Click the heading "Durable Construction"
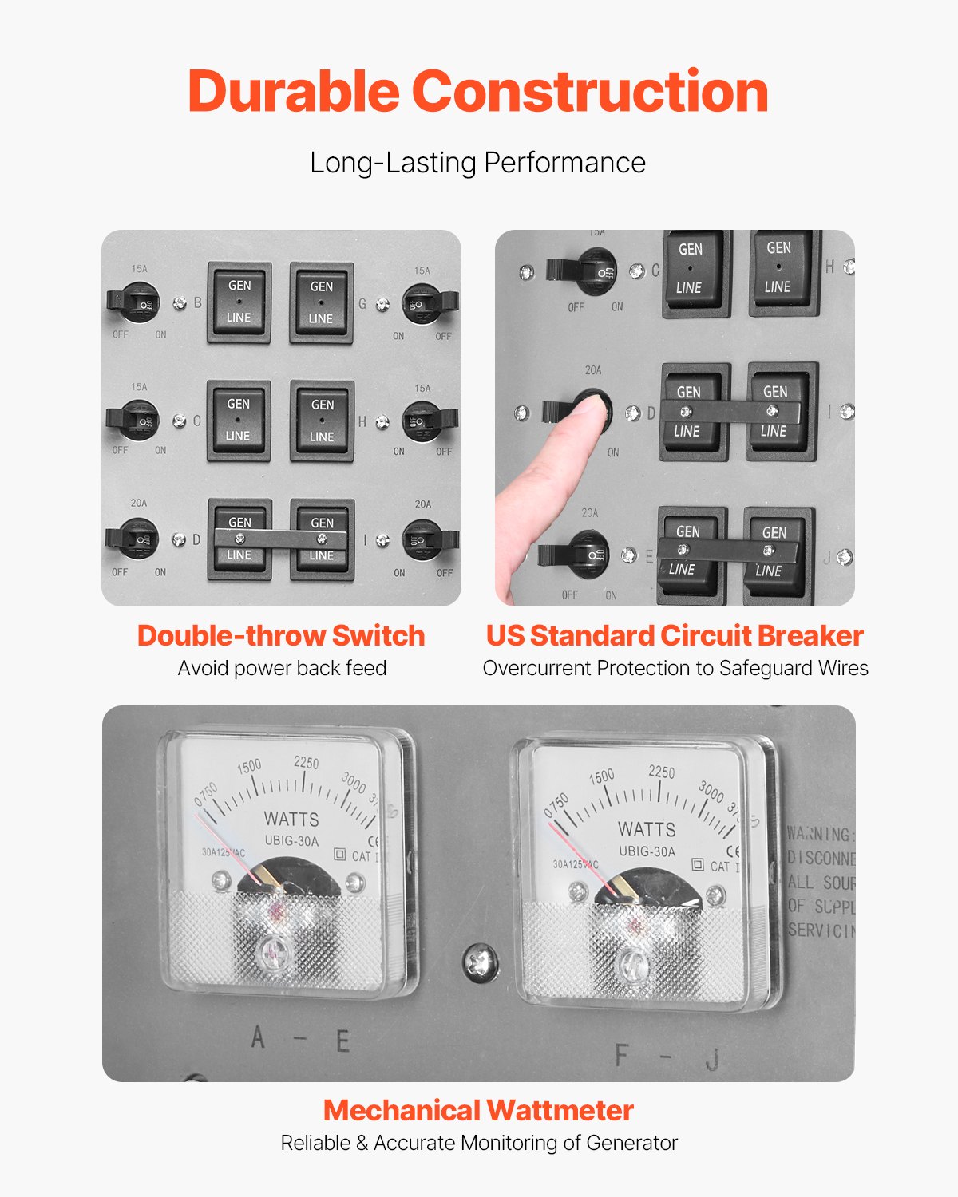point(477,91)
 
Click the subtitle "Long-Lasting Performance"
point(477,163)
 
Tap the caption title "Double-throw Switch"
point(281,635)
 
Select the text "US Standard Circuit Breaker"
point(675,635)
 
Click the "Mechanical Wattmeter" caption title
point(478,1110)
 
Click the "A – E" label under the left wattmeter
point(299,1040)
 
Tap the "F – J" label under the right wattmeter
point(667,1057)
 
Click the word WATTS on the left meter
point(291,819)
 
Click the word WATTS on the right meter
point(647,829)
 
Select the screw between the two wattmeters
point(481,962)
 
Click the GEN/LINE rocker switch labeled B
point(239,302)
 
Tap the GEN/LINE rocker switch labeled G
point(321,303)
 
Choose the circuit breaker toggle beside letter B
point(132,302)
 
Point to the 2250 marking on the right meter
point(661,772)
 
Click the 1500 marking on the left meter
point(248,766)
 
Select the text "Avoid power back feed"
point(282,668)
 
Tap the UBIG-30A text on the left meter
point(291,841)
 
